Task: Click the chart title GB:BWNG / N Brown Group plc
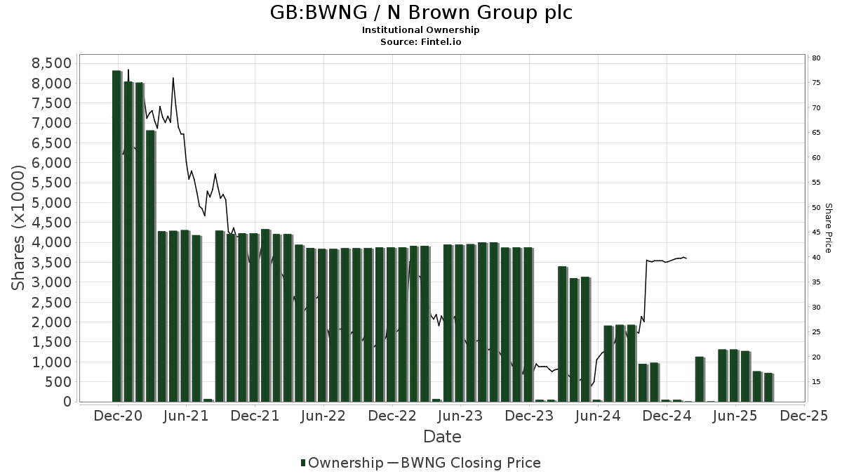[421, 13]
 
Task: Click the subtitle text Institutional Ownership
[421, 30]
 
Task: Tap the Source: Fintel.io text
[421, 42]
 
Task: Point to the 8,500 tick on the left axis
[52, 64]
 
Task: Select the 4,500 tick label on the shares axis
[52, 223]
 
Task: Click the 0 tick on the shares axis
[67, 402]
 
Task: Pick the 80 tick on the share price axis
[817, 58]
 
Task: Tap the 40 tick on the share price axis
[817, 258]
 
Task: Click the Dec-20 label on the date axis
[119, 416]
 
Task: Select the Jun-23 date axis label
[461, 416]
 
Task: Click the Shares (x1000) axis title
[19, 228]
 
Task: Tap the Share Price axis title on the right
[829, 228]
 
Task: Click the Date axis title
[442, 437]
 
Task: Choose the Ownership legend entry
[342, 463]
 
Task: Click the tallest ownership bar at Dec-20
[116, 235]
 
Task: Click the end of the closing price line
[686, 258]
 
